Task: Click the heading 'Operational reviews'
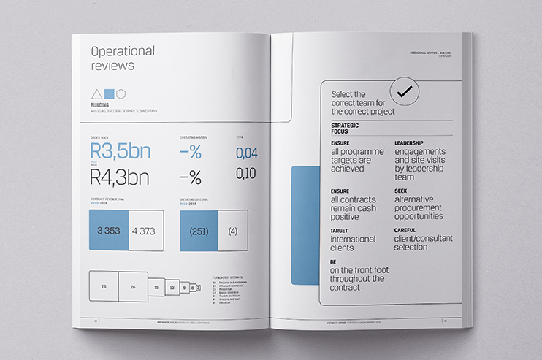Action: pos(122,58)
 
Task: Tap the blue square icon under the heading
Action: pos(109,93)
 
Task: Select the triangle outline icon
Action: pos(95,93)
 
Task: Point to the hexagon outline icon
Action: pos(121,93)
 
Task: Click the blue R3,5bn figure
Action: pos(120,152)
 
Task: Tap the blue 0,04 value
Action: pos(247,153)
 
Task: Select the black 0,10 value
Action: pos(247,173)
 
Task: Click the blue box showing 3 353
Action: pos(108,231)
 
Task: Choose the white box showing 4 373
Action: pos(144,231)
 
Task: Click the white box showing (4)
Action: pos(232,231)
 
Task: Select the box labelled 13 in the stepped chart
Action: pos(172,288)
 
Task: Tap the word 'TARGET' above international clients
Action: pos(340,231)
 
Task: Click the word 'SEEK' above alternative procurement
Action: pos(401,191)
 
